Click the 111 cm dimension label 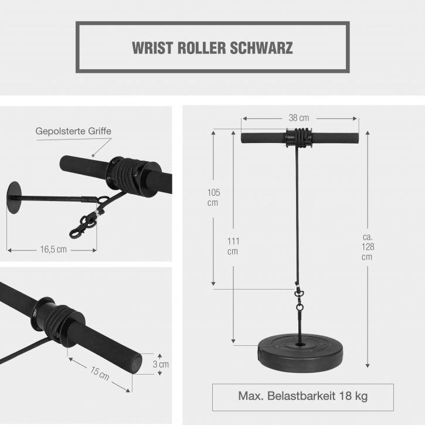pyautogui.click(x=233, y=246)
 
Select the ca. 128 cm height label pyautogui.click(x=367, y=246)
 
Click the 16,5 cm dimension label pyautogui.click(x=52, y=249)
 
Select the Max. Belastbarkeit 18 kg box pyautogui.click(x=302, y=396)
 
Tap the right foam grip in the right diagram pyautogui.click(x=335, y=138)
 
